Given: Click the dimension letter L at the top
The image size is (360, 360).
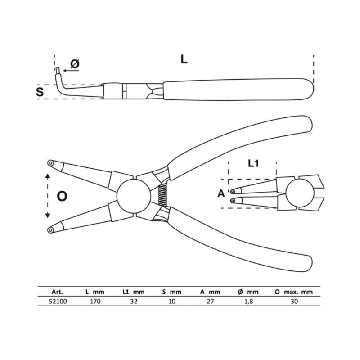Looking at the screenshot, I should (184, 59).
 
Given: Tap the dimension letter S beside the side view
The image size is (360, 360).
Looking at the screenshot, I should (40, 92).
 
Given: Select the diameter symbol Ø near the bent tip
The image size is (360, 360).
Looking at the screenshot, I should (75, 64).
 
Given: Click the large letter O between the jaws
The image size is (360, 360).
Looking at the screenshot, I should (63, 196).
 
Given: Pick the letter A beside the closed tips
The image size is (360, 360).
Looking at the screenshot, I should (221, 193).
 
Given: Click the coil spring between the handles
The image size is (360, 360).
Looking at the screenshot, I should (163, 196).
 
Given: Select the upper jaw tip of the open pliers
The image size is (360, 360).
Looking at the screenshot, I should (50, 163).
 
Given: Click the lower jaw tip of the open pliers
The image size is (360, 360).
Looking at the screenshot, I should (50, 229).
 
